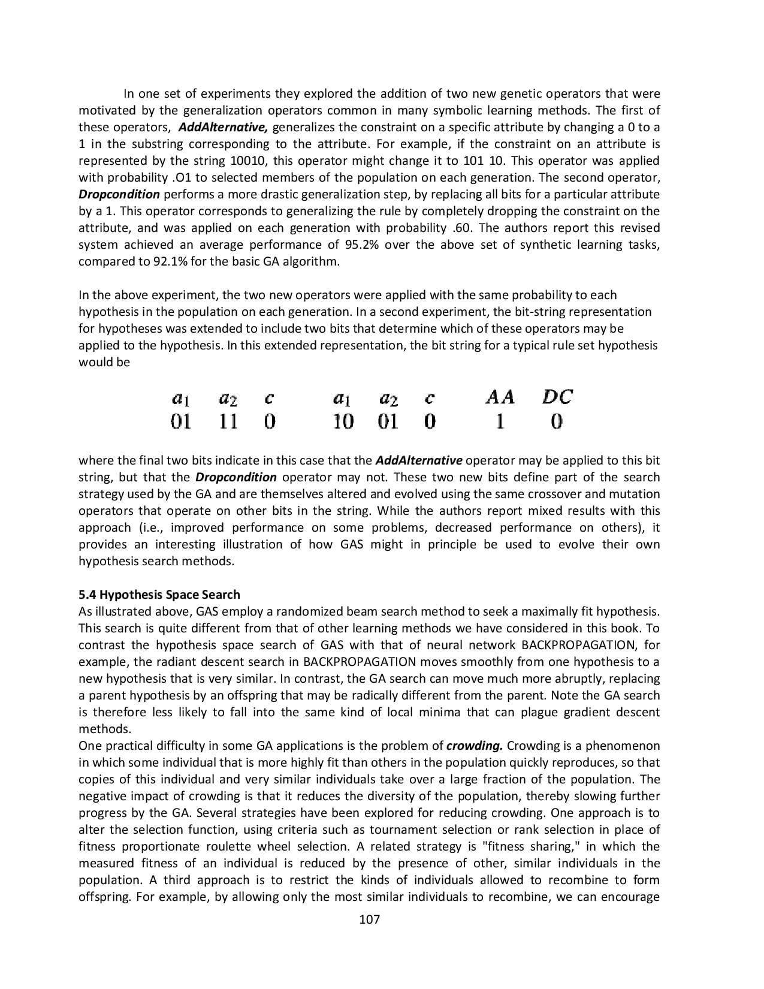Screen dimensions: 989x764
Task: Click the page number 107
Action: (x=369, y=919)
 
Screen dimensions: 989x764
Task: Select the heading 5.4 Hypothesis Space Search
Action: (x=159, y=595)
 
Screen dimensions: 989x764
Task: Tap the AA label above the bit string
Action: (x=500, y=397)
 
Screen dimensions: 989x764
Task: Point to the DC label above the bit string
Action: (x=557, y=397)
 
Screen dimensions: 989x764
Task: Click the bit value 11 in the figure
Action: (x=228, y=422)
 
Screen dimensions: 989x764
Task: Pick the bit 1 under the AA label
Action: (x=499, y=422)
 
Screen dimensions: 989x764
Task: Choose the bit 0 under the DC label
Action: (x=557, y=422)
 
